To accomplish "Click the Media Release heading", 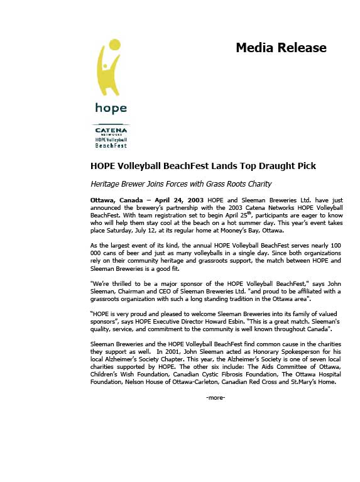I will [x=281, y=48].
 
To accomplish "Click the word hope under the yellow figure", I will [x=111, y=108].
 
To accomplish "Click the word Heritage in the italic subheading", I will [x=107, y=184].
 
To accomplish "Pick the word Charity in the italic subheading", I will [x=256, y=184].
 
